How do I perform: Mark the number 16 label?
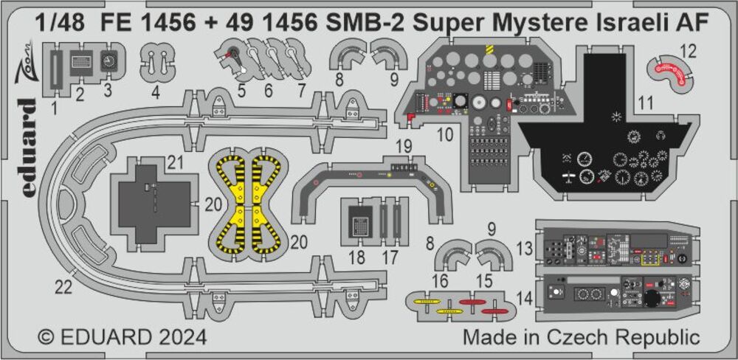point(441,281)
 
